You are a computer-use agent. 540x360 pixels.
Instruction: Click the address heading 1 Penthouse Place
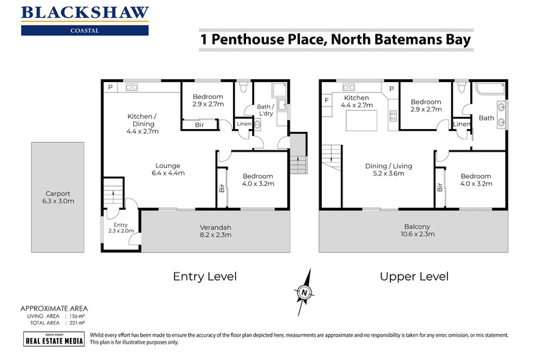(x=336, y=39)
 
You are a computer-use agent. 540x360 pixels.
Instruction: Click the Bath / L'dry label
(x=265, y=111)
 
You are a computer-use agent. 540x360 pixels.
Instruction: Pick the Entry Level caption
(x=204, y=277)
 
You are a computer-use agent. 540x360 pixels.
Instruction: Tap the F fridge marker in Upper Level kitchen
(x=327, y=101)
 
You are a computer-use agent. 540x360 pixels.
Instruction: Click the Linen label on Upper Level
(x=461, y=124)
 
